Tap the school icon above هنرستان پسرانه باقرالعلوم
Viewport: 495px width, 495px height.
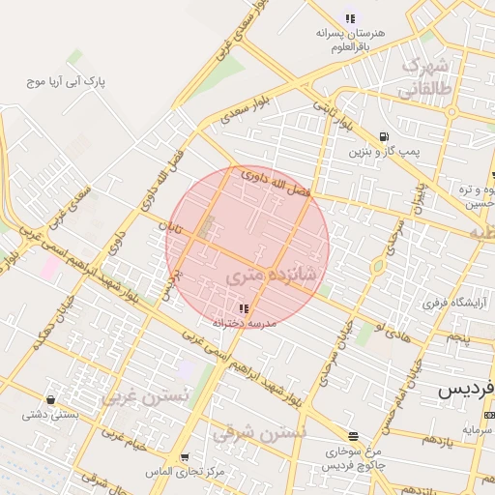(349, 17)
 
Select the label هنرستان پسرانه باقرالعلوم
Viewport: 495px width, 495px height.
(349, 40)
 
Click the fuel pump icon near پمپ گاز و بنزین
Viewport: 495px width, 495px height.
(385, 136)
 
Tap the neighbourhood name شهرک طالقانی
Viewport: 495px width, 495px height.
(423, 77)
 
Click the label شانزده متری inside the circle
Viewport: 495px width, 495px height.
(271, 276)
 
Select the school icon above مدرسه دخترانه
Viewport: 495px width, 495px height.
(243, 308)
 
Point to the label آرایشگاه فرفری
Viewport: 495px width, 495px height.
(450, 303)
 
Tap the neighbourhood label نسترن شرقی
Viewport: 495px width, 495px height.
(258, 433)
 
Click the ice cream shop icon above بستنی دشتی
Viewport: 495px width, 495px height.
(49, 398)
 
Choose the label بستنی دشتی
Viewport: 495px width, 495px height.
(49, 414)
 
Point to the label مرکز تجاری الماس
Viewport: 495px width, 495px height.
(151, 471)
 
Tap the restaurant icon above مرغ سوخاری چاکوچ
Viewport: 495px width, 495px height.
(354, 436)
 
